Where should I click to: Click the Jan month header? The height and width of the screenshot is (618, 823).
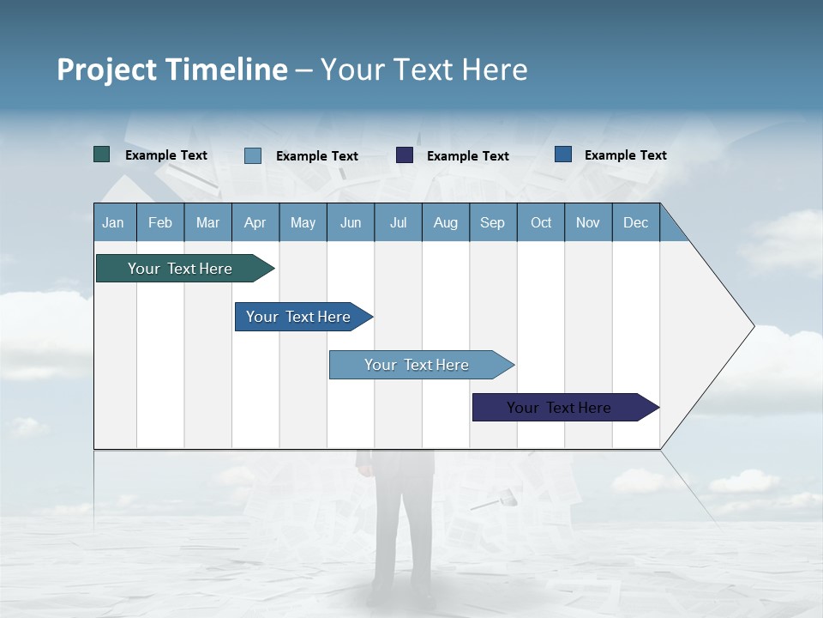coord(113,222)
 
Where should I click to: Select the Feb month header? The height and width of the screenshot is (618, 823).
coord(160,222)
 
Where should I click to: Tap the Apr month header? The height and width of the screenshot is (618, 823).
coord(255,222)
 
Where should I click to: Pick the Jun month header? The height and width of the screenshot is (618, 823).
coord(351,222)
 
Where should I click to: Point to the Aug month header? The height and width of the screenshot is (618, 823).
coord(445,222)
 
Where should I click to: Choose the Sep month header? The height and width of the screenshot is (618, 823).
coord(492,222)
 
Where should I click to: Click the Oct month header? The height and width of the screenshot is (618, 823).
coord(541,222)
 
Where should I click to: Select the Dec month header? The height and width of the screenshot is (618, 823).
coord(635,222)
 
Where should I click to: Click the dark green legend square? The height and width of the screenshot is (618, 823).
coord(102,154)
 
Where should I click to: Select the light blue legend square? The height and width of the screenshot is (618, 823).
coord(253,155)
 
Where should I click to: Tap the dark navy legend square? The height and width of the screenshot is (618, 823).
coord(405,155)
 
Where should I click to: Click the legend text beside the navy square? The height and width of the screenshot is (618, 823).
coord(467,156)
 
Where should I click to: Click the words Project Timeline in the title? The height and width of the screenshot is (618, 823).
coord(172,70)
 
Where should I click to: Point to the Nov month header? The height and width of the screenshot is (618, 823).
coord(587,222)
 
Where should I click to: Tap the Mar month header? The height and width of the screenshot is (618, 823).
coord(207,222)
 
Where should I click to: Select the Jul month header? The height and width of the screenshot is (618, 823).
coord(398,222)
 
